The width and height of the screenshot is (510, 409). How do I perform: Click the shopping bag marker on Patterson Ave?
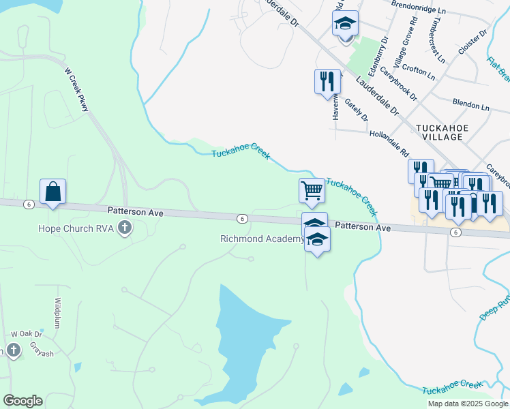[x=52, y=192]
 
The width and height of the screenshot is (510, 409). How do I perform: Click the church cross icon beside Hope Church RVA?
[x=124, y=228]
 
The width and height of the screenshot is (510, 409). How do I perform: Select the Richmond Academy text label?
[x=262, y=239]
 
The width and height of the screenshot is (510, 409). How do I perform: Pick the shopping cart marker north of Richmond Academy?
[x=312, y=190]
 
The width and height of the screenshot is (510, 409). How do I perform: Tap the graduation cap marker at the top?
[x=346, y=25]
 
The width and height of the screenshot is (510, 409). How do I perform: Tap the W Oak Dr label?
[x=27, y=334]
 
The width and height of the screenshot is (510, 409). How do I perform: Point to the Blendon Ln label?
[x=471, y=106]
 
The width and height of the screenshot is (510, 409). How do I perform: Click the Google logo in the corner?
[x=22, y=401]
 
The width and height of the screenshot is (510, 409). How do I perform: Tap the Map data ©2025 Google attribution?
[x=468, y=404]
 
